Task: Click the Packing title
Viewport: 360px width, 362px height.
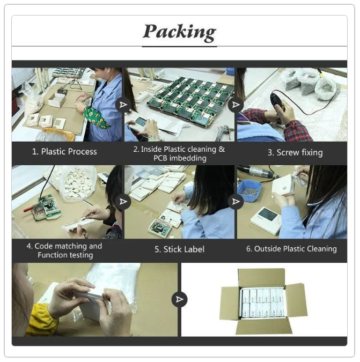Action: (179, 32)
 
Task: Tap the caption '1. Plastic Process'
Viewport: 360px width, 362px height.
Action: (64, 152)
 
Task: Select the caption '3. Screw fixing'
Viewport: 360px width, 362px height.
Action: (295, 153)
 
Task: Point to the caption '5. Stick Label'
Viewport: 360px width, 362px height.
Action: (179, 249)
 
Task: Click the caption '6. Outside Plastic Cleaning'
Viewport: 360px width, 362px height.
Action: (291, 249)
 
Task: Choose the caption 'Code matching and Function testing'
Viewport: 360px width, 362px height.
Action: (64, 250)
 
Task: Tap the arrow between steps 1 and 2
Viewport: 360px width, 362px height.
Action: (123, 105)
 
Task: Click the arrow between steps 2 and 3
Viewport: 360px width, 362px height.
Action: (236, 105)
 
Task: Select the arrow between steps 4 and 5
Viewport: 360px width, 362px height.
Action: (123, 202)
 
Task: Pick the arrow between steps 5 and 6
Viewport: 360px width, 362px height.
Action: (236, 202)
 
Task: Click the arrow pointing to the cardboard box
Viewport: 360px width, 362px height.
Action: (179, 299)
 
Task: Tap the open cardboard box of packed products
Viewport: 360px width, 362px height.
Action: (263, 301)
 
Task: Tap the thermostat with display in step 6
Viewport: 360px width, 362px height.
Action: (266, 221)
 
